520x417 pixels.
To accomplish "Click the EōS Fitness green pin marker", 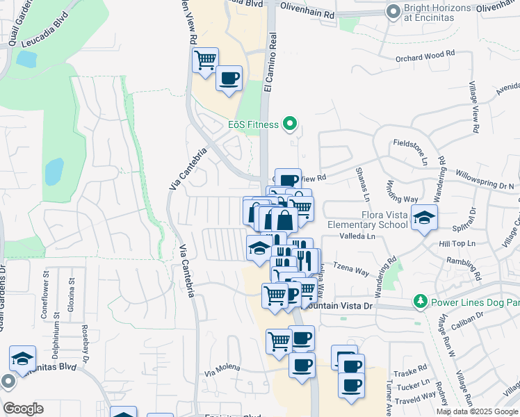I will pos(291,125).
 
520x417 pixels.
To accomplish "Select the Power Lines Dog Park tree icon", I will pos(420,302).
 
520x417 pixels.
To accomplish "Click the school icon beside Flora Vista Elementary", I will pos(424,218).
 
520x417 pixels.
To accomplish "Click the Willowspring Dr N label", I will pos(485,181).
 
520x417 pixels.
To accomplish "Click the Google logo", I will pos(23,409).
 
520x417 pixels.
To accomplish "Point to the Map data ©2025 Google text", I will pos(476,411).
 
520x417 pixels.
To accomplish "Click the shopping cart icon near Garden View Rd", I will pos(206,60).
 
